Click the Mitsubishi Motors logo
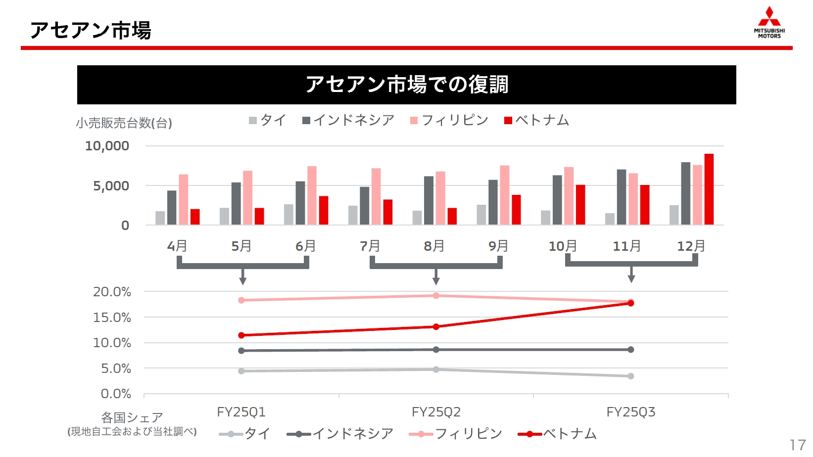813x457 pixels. coord(769,22)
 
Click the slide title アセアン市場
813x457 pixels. coord(91,30)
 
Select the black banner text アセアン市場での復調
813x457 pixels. coord(407,85)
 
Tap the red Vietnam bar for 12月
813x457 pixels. coord(709,189)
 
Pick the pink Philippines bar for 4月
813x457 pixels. coord(184,199)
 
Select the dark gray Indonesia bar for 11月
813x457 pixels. coord(622,197)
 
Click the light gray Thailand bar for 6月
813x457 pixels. coord(288,215)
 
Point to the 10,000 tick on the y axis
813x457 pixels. coord(107,146)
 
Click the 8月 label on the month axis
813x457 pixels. coord(434,246)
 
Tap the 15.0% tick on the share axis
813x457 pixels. coord(112,318)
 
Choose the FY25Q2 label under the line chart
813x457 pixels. coord(436,412)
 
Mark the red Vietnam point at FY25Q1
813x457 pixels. coord(241,335)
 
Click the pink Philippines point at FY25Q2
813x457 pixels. coord(436,296)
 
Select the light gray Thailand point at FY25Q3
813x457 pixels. coord(631,376)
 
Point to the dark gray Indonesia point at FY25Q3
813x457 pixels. coord(631,350)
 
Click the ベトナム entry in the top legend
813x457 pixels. coord(537,120)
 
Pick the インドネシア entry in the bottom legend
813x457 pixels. coord(340,434)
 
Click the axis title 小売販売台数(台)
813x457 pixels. coord(124,123)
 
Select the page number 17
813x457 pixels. coord(798,445)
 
